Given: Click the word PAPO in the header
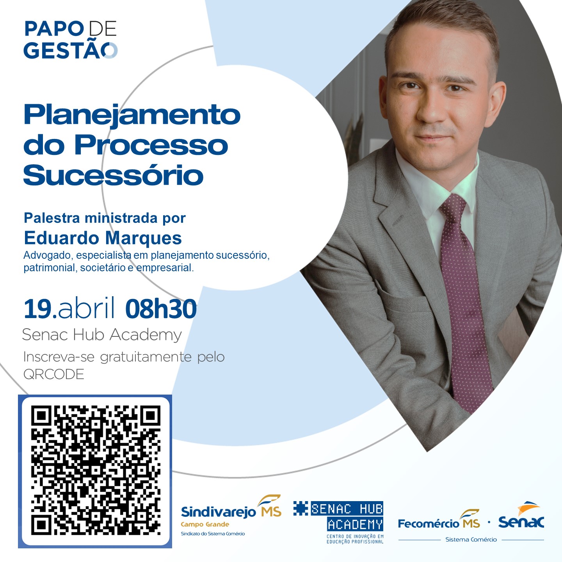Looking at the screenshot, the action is (x=54, y=28).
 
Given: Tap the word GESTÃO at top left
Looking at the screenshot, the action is (x=71, y=50).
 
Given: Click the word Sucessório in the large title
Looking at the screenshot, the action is (x=113, y=175).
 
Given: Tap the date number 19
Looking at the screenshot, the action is (x=38, y=309).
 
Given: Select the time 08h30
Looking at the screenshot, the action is (x=161, y=309).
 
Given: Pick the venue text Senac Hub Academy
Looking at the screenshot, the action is (x=102, y=334).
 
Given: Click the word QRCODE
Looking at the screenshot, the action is (x=53, y=374).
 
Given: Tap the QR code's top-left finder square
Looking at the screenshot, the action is (x=41, y=416).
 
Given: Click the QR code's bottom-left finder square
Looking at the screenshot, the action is (x=41, y=525).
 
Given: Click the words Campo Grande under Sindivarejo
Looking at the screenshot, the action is (x=205, y=525).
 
